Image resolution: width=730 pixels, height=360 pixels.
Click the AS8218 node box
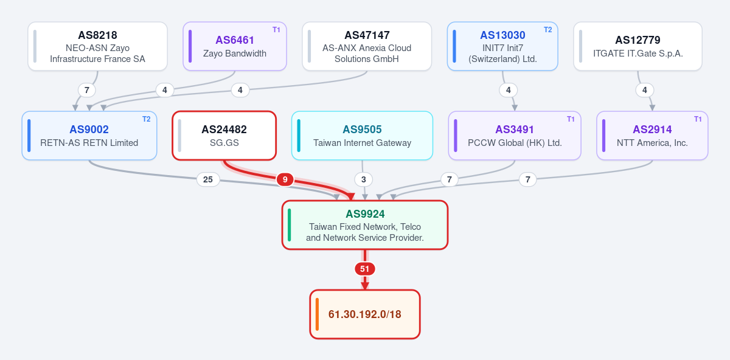(97, 46)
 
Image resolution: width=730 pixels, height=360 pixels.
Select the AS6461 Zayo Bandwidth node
(235, 46)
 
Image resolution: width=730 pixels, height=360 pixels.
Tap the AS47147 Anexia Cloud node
(367, 46)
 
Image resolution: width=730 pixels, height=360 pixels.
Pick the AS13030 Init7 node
(502, 46)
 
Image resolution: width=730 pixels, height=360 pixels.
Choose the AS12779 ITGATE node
(638, 46)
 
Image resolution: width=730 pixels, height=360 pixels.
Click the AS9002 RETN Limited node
(89, 136)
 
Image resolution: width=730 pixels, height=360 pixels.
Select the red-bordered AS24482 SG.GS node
(224, 136)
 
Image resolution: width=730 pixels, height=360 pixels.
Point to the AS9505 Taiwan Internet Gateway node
(362, 136)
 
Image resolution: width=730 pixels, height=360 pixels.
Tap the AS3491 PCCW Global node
(515, 136)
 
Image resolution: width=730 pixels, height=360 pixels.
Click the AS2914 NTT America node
(652, 136)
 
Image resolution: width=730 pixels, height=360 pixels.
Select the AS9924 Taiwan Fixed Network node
(365, 225)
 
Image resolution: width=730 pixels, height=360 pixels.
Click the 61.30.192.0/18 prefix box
(365, 314)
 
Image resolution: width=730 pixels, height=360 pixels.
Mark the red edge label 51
(364, 269)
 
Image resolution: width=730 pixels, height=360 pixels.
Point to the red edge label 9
(285, 179)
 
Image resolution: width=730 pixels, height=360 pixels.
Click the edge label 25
(208, 179)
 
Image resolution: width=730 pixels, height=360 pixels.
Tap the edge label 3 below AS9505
(364, 179)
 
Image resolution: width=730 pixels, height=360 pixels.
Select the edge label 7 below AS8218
(86, 90)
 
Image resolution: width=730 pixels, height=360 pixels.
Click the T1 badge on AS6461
(276, 30)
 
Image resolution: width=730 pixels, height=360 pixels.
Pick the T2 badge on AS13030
(548, 30)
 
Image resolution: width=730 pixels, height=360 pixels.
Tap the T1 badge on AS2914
(698, 119)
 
